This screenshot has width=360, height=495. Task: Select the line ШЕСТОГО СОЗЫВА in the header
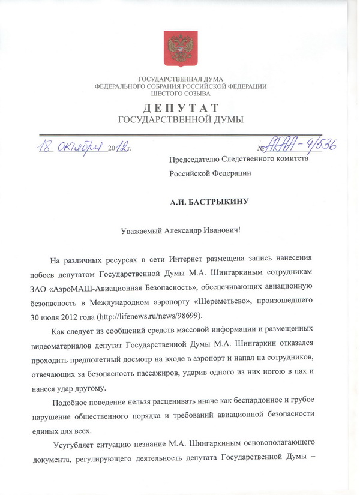coord(180,94)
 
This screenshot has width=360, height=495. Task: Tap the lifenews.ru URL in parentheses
coord(154,315)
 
